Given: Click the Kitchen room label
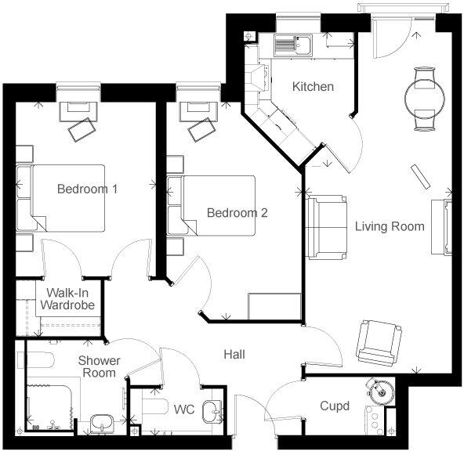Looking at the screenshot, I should (x=313, y=86).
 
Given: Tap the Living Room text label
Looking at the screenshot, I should (x=389, y=227).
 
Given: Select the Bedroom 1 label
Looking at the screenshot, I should (x=88, y=189).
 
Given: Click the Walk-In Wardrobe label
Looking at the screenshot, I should (x=68, y=298).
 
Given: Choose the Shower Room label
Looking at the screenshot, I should (x=100, y=366).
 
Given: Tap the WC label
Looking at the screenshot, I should (x=183, y=410).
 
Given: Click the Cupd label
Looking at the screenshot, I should (x=335, y=406).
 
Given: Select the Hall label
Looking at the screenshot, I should (x=234, y=355).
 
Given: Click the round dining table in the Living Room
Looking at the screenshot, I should (x=422, y=98).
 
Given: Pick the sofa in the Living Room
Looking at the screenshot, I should (x=326, y=228).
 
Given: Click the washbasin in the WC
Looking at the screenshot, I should (x=212, y=410).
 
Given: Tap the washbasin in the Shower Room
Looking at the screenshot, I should (x=102, y=424).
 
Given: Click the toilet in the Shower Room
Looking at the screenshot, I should (x=39, y=363).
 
